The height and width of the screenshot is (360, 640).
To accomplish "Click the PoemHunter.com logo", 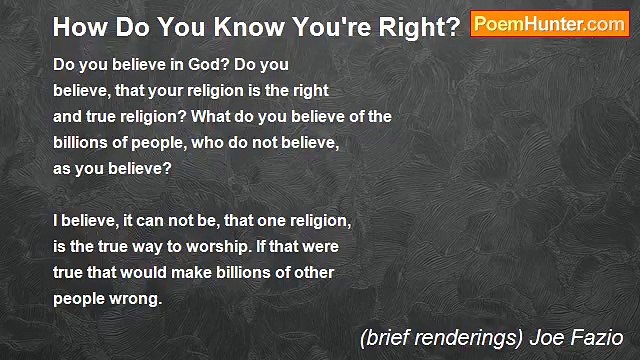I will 549,25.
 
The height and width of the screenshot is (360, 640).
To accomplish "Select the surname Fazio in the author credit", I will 597,337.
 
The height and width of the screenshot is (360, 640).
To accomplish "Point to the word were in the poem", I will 324,245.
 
